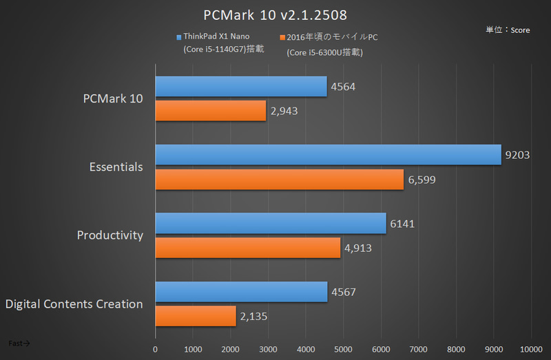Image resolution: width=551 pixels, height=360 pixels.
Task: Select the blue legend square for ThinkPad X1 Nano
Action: (179, 37)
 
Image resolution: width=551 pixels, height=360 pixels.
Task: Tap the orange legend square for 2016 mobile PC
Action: (282, 37)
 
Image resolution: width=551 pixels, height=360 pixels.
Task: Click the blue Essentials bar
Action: (328, 155)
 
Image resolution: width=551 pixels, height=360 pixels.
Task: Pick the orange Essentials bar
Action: (279, 180)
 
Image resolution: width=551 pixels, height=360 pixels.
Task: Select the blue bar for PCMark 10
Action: (241, 86)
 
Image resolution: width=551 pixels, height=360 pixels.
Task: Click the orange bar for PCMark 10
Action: (211, 111)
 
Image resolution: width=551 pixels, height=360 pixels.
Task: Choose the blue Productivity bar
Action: (271, 223)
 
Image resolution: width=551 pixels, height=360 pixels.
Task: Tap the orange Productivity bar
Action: (248, 248)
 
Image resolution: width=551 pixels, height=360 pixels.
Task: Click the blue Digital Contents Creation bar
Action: (241, 292)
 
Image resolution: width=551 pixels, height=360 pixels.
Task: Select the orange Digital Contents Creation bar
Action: (196, 317)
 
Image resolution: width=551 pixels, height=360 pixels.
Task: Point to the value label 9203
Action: (517, 155)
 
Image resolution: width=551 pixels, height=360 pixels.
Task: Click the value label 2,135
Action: (253, 317)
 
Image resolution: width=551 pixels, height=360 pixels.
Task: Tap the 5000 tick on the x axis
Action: (343, 349)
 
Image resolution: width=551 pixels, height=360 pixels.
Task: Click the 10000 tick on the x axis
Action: (530, 349)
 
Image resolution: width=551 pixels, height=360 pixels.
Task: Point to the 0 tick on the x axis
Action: (156, 349)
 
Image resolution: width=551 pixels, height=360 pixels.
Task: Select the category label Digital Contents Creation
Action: (74, 304)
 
